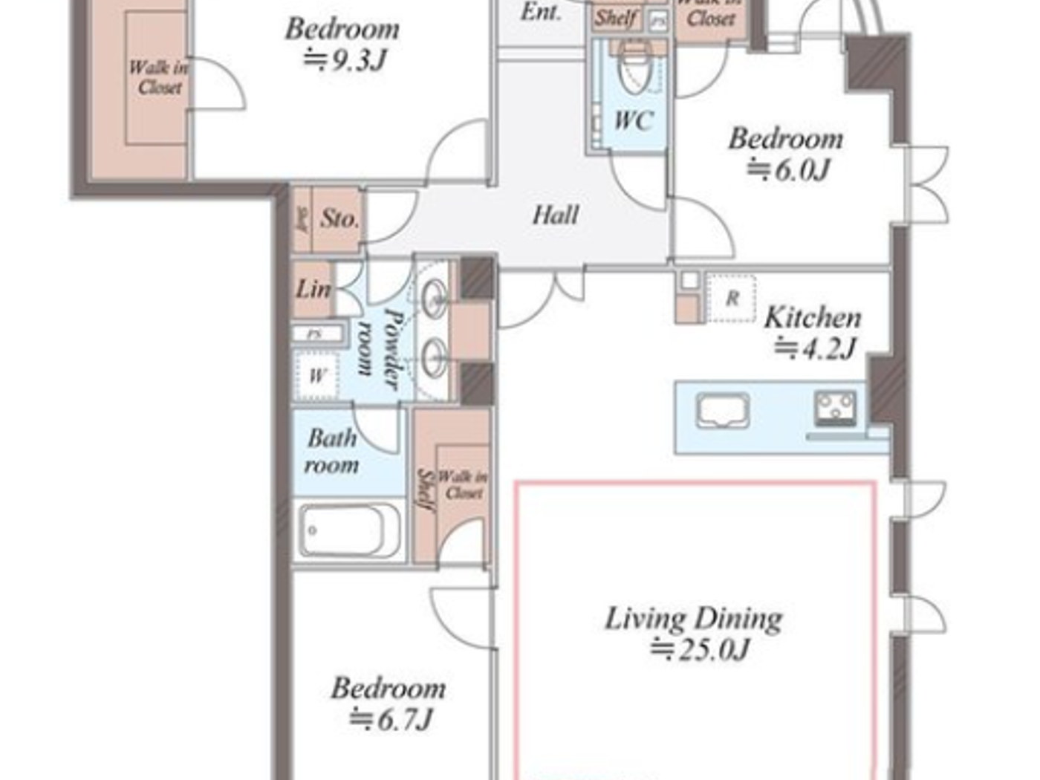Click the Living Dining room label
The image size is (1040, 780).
pyautogui.click(x=693, y=618)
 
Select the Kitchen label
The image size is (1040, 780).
pyautogui.click(x=813, y=317)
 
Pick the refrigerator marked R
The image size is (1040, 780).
pyautogui.click(x=731, y=299)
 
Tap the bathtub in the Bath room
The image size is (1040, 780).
pyautogui.click(x=349, y=530)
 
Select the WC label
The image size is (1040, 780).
pyautogui.click(x=633, y=120)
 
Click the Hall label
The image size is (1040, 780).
pyautogui.click(x=555, y=215)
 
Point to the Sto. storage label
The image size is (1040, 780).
pyautogui.click(x=339, y=218)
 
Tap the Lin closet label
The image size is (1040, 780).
pyautogui.click(x=313, y=288)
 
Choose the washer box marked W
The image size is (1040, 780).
pyautogui.click(x=316, y=376)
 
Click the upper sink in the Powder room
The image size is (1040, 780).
pyautogui.click(x=433, y=299)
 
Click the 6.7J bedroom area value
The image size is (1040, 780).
pyautogui.click(x=391, y=719)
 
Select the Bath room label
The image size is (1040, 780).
pyautogui.click(x=331, y=451)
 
